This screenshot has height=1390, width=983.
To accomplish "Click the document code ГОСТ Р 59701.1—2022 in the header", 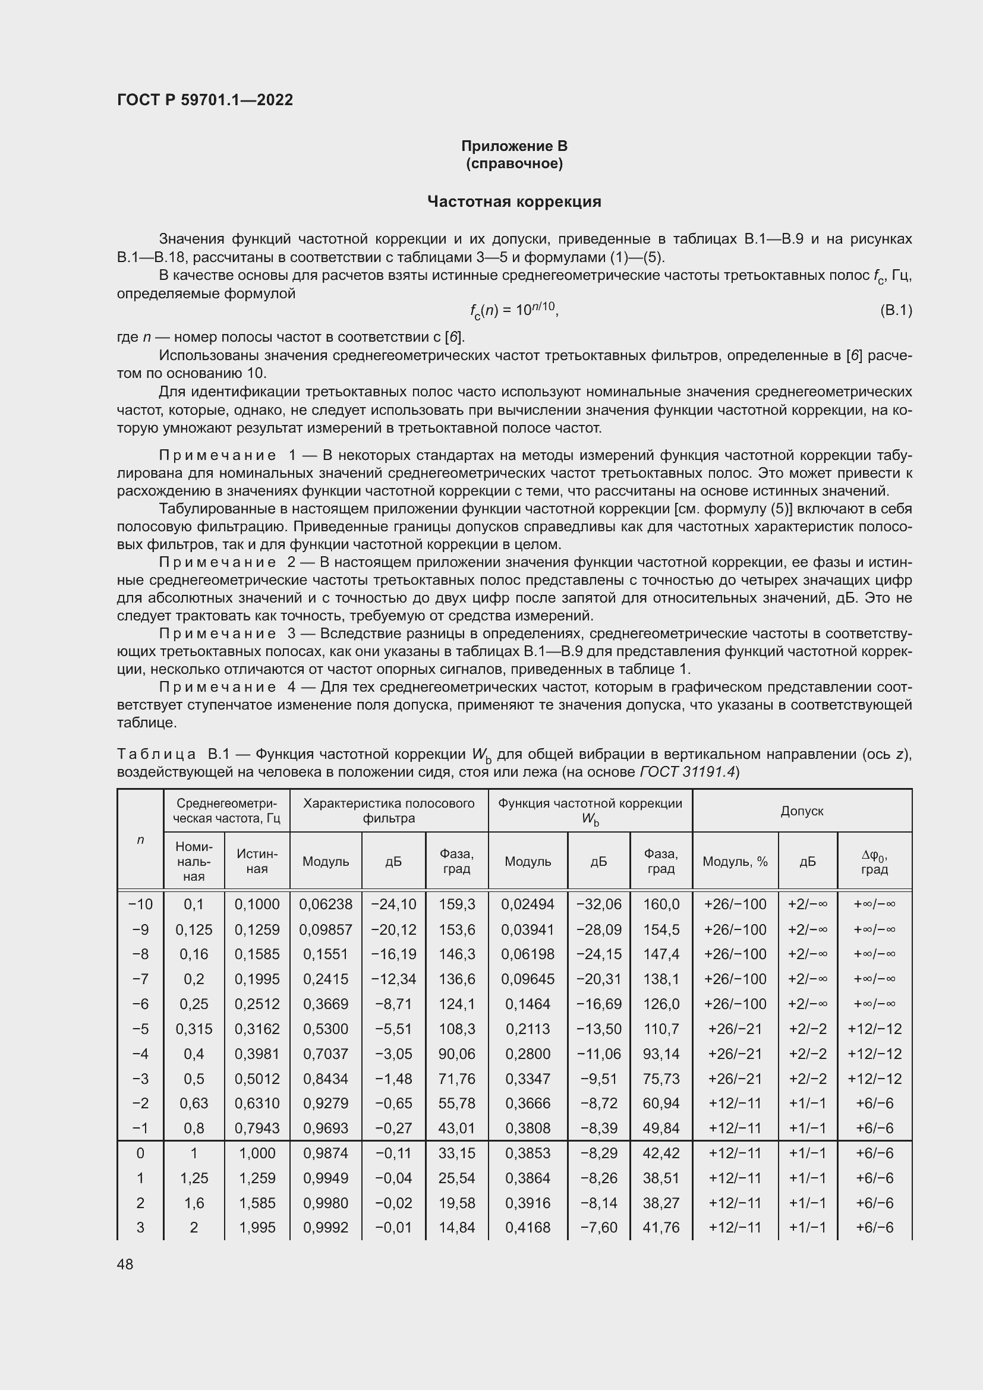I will pos(204,100).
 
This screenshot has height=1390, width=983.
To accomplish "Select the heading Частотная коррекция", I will pos(514,201).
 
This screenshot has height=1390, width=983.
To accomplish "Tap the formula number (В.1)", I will pos(895,311).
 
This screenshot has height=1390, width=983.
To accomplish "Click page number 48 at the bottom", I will pos(125,1264).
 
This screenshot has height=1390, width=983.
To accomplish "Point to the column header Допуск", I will pos(801,811).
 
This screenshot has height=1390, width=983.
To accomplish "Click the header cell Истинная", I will pos(257,861).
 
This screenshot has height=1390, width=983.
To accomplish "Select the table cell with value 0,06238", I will pos(326,904).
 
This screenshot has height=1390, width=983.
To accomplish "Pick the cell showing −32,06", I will pos(598,904).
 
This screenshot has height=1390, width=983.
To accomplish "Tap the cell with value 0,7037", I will pos(326,1054).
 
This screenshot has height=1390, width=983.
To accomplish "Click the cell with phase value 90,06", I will pos(456,1054).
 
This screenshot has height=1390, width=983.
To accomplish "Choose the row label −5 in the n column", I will pos(140,1029).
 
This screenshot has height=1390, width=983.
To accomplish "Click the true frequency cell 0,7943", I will pos(257,1129).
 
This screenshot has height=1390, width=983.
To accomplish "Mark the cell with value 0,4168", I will pos(528,1228).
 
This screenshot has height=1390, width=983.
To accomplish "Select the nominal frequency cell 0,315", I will pos(194,1029).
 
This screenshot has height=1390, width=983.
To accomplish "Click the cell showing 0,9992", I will pos(326,1228).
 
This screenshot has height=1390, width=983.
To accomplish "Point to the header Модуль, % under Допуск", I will pos(735,862).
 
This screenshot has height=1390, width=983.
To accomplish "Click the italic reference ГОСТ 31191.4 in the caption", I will pos(687,773).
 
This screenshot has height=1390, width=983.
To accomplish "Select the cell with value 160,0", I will pos(661,904).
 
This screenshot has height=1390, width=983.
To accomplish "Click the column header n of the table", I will pos(140,840).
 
